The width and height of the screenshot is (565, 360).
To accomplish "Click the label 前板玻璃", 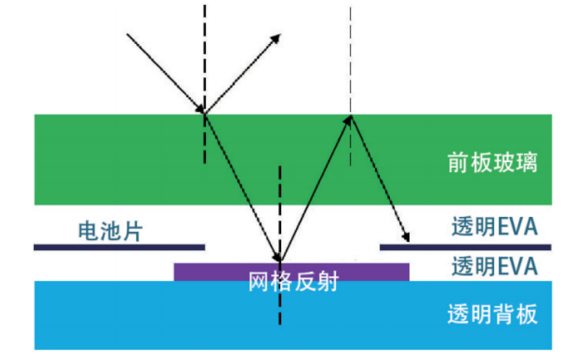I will pyautogui.click(x=492, y=162).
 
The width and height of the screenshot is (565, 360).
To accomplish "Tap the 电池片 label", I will pyautogui.click(x=111, y=231).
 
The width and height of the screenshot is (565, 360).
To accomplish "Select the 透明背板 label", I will pyautogui.click(x=492, y=315).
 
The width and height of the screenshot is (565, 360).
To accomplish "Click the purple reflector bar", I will pyautogui.click(x=217, y=272).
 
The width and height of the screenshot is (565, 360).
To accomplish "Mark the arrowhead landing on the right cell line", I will pyautogui.click(x=406, y=238).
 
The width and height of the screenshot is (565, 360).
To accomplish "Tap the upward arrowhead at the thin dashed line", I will pyautogui.click(x=349, y=118).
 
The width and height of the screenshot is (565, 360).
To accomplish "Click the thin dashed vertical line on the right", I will pyautogui.click(x=350, y=58).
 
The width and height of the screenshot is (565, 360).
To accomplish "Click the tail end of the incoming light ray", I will pyautogui.click(x=128, y=33).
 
